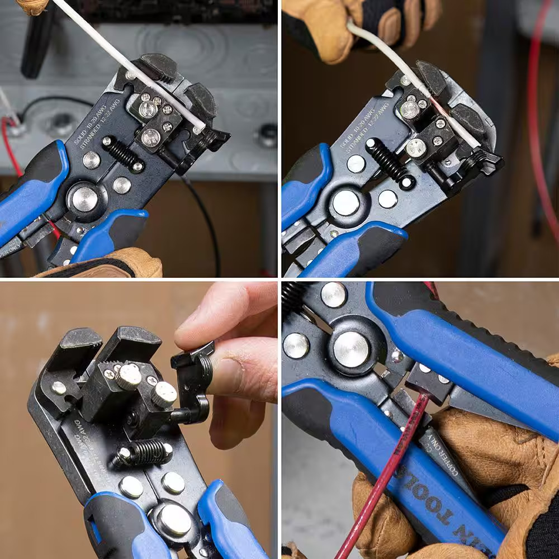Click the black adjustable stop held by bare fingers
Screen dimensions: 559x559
193,380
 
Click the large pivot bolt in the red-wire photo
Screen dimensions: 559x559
351,349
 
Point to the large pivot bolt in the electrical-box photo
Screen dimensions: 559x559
85,199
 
